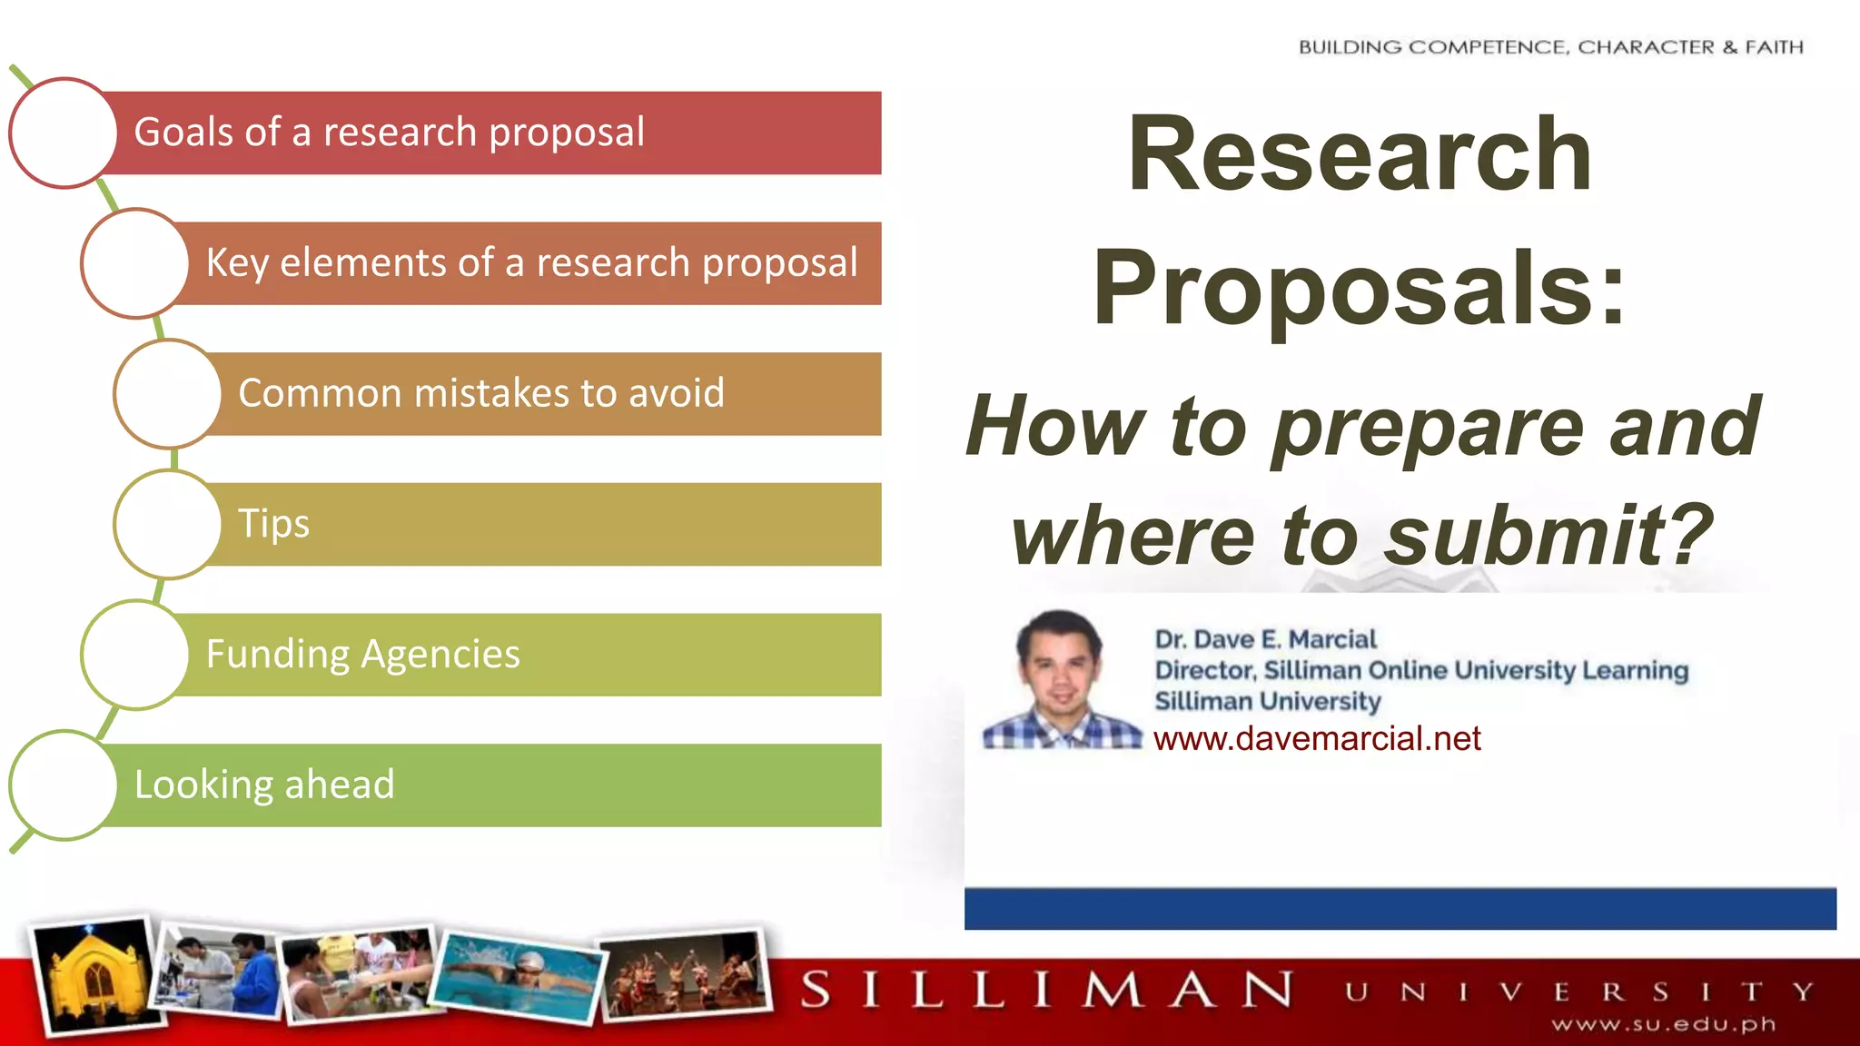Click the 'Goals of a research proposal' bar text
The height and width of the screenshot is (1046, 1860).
point(389,133)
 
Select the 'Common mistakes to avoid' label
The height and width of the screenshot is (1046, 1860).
point(481,394)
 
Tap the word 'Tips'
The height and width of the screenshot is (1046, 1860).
point(273,524)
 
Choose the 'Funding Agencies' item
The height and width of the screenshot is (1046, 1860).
point(362,655)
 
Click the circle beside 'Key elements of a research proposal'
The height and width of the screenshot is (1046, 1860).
point(135,263)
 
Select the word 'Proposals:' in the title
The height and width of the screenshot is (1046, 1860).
point(1359,289)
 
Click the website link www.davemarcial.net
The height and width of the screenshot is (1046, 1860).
point(1316,739)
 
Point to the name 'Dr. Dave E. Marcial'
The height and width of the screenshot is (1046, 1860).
point(1265,639)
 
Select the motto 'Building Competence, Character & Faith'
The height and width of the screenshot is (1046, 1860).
point(1550,47)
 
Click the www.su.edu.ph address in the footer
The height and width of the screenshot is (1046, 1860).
point(1663,1025)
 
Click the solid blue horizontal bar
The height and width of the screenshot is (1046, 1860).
point(1400,909)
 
